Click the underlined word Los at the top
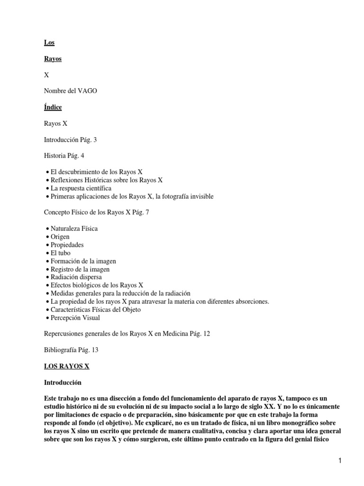point(49,43)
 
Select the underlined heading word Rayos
point(53,59)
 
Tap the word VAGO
point(88,91)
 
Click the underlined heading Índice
point(53,107)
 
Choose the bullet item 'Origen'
point(60,236)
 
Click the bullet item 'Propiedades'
point(67,245)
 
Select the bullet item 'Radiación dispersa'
point(76,277)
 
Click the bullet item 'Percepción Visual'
point(75,318)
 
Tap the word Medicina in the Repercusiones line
point(174,334)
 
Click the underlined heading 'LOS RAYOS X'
point(66,366)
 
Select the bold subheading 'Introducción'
point(63,382)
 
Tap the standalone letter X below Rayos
point(46,75)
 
